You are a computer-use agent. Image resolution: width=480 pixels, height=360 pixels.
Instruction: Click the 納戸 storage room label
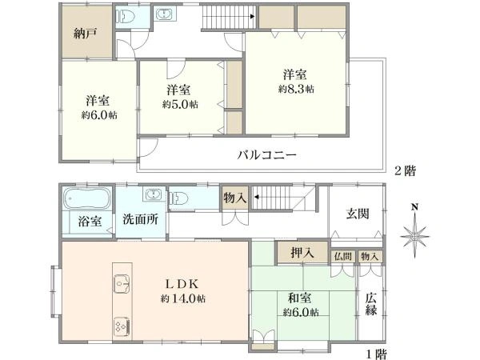86,34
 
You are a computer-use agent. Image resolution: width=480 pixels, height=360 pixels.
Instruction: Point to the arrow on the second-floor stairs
253,16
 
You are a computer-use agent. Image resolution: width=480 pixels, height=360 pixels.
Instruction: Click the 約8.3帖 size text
296,89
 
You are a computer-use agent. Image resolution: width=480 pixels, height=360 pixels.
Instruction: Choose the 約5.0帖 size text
180,105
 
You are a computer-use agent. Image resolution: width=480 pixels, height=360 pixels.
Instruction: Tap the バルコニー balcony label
267,155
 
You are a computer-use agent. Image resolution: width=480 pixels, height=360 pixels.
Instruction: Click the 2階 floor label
405,170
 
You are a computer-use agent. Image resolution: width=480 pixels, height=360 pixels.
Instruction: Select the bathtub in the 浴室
87,198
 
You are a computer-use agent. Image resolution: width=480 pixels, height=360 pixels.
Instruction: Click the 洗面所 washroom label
141,219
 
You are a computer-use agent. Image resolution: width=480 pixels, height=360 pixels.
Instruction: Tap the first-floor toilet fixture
178,198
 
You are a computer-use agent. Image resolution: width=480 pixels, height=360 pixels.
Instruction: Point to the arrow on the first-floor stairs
256,197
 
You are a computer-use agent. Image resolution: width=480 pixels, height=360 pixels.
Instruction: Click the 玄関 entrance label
358,214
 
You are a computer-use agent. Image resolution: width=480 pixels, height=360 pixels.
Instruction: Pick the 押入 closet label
302,253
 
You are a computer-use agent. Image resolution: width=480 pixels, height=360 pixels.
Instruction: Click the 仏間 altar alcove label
343,257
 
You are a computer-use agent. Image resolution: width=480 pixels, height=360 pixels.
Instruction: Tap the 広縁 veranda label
370,304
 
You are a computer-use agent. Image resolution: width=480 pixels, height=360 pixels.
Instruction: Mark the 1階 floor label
377,354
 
